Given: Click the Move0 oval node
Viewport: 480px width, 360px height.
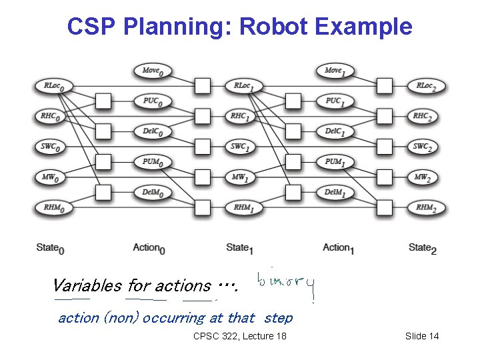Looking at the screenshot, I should pyautogui.click(x=153, y=70).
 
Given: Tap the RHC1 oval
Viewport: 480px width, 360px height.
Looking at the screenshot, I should pyautogui.click(x=242, y=116).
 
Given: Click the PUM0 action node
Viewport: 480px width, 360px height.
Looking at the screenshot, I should pyautogui.click(x=153, y=162).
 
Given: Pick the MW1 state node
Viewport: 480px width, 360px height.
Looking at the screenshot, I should pyautogui.click(x=242, y=177).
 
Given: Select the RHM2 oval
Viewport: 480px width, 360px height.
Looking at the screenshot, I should pyautogui.click(x=424, y=208).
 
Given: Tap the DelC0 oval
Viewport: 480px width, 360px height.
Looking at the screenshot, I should pyautogui.click(x=153, y=131).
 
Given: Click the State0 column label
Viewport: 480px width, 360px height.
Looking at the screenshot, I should pyautogui.click(x=51, y=248).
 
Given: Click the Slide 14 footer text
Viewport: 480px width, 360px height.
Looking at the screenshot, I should pyautogui.click(x=422, y=336).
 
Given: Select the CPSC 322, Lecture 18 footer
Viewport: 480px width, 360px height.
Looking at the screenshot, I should pyautogui.click(x=239, y=336).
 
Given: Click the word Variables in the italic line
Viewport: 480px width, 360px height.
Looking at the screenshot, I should pyautogui.click(x=87, y=286).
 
